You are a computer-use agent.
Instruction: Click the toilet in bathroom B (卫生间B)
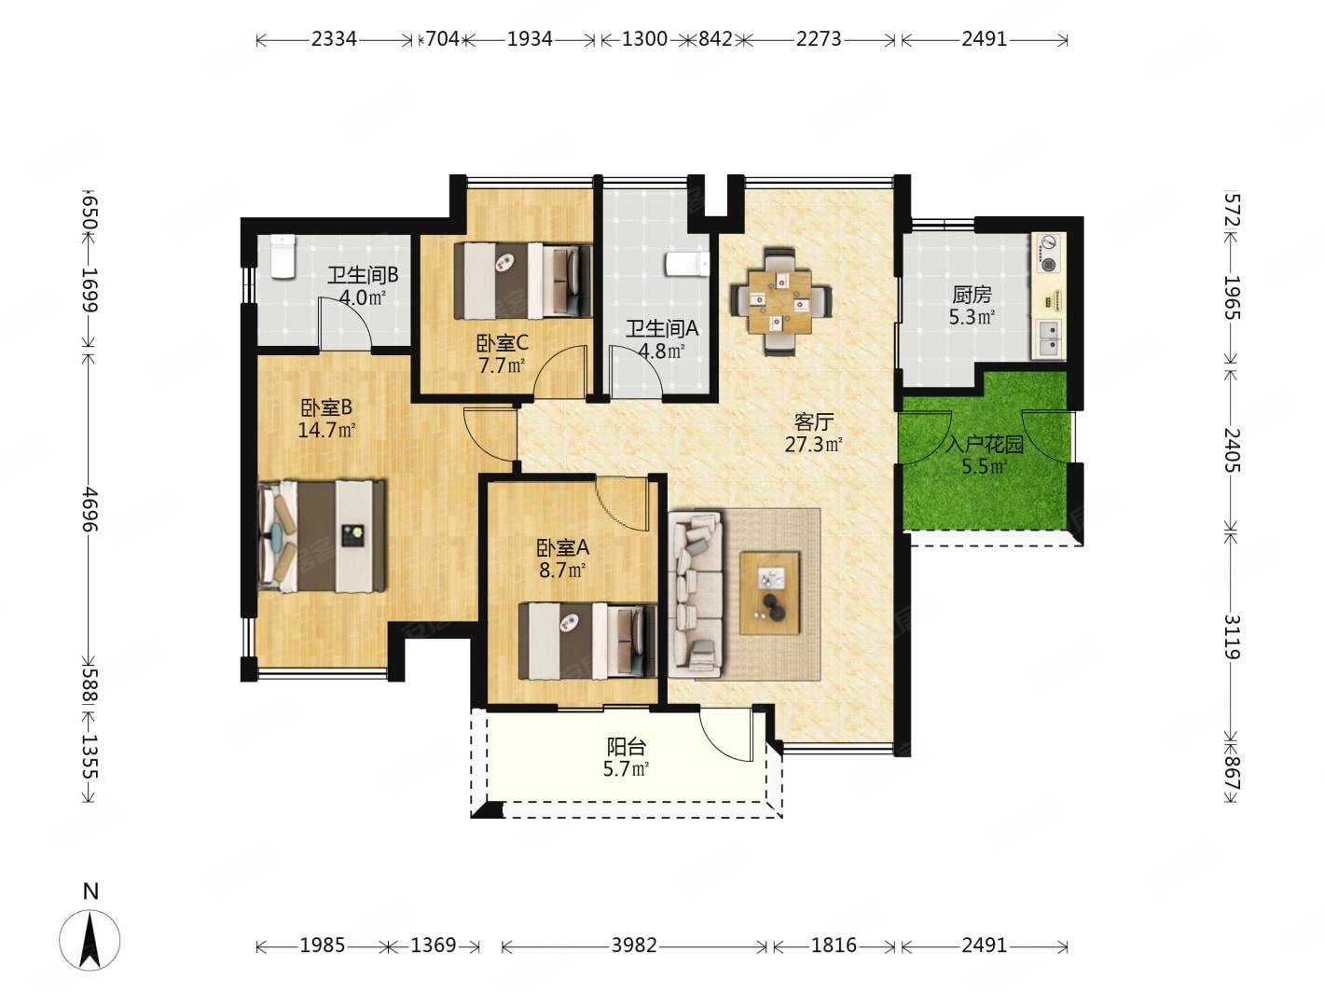click(282, 256)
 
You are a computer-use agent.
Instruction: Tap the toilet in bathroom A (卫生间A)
click(687, 265)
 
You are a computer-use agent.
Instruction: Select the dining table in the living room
click(780, 301)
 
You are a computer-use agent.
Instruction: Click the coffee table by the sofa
click(769, 593)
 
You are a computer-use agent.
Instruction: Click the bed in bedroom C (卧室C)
click(522, 281)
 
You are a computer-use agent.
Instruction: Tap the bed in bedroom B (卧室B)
click(322, 536)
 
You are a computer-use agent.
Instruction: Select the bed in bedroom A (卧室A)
click(586, 641)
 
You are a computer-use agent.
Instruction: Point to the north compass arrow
click(90, 941)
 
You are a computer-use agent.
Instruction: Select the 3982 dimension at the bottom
click(633, 945)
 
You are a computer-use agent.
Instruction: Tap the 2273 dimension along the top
click(819, 39)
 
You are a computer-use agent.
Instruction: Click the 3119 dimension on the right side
click(1232, 637)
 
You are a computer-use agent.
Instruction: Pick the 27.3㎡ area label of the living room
click(813, 445)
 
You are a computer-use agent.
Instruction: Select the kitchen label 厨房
click(972, 295)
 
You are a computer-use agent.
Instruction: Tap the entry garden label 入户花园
click(985, 445)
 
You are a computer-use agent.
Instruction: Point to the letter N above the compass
click(90, 890)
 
